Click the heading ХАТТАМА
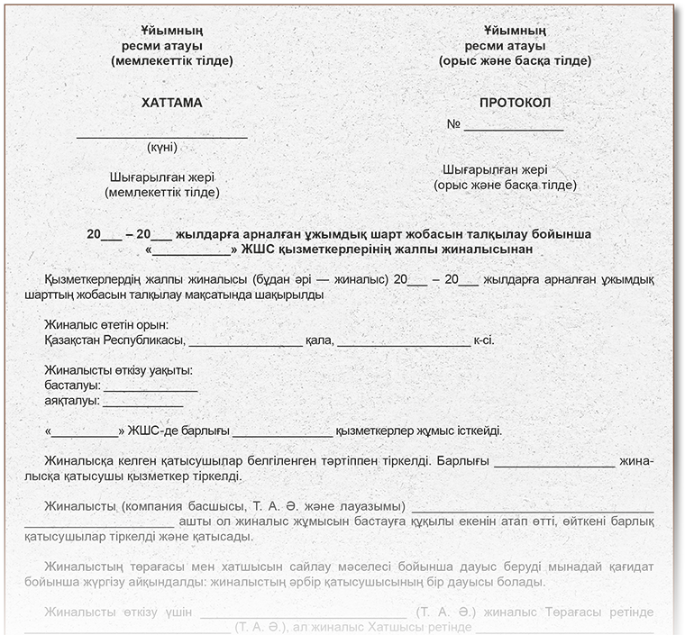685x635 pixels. [171, 103]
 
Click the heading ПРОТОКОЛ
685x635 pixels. [514, 103]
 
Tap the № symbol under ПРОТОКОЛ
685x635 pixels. [454, 124]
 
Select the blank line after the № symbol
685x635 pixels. [513, 129]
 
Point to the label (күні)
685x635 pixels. [161, 147]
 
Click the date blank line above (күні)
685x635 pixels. [161, 136]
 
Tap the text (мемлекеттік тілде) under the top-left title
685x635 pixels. [171, 61]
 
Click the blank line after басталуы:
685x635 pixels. [151, 389]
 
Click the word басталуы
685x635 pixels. [71, 386]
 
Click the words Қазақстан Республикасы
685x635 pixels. [114, 340]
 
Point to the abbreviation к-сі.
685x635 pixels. [483, 340]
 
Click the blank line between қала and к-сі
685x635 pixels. [403, 344]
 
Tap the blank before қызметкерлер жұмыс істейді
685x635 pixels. [281, 433]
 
